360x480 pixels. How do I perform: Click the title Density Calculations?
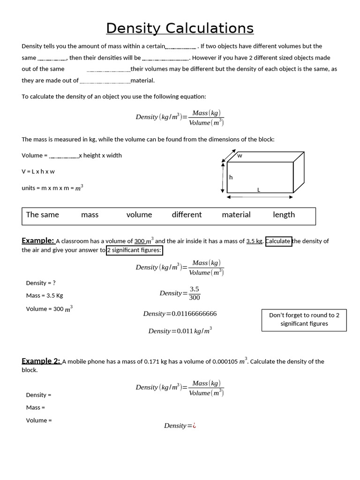(180, 28)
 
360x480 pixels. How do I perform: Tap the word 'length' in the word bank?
(284, 215)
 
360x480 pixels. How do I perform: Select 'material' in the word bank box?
(236, 215)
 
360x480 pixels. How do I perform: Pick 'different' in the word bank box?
(187, 215)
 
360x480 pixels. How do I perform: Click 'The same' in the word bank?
(43, 215)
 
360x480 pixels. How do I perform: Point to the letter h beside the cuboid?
(231, 178)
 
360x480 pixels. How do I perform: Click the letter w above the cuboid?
(240, 156)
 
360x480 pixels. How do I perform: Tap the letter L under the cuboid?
(258, 190)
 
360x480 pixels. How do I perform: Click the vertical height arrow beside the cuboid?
(223, 177)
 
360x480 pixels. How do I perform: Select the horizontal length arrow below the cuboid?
(260, 197)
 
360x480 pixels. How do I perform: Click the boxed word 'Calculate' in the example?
(278, 241)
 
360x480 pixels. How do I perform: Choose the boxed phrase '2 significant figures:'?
(135, 250)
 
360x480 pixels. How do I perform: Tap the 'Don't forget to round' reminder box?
(304, 319)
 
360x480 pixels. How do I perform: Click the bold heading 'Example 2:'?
(41, 361)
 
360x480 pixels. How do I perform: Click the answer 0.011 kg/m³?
(180, 331)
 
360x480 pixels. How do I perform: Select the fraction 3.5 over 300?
(194, 293)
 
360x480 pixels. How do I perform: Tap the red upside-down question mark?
(194, 426)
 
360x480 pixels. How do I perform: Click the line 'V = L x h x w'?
(38, 172)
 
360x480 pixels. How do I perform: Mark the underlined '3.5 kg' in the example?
(254, 241)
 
